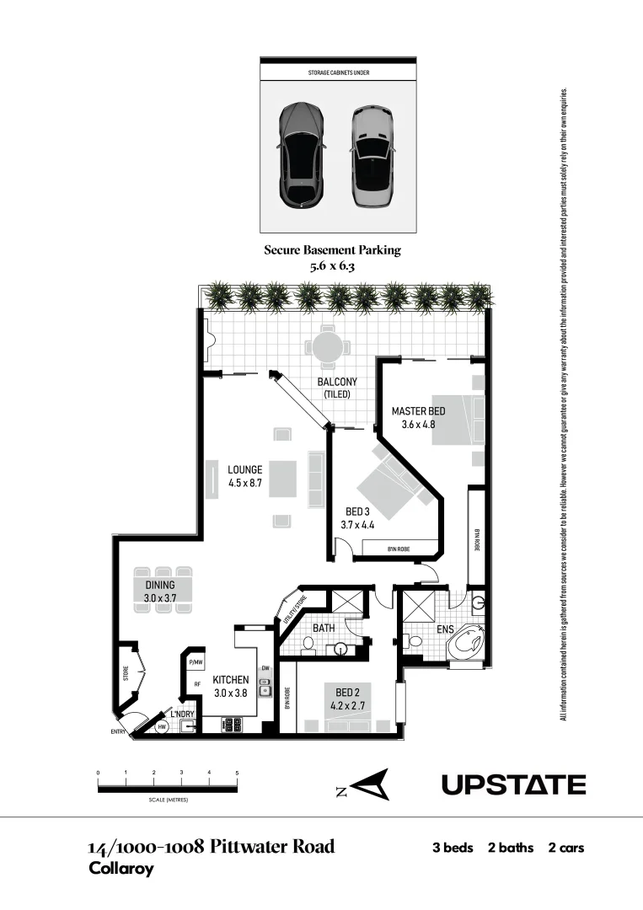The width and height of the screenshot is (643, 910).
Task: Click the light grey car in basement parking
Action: (371, 156)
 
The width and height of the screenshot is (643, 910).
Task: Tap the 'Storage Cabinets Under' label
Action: (338, 73)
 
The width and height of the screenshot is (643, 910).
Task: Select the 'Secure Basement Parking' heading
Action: (332, 249)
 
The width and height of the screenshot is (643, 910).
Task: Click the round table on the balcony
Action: (327, 346)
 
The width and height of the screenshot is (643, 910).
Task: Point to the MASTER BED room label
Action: (418, 411)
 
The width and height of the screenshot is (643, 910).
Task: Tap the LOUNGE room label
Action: (244, 469)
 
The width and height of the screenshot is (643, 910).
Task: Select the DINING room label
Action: (159, 585)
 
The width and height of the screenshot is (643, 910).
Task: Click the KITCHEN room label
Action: (230, 680)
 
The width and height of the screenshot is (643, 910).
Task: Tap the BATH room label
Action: (324, 628)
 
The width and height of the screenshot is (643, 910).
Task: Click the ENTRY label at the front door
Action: (118, 731)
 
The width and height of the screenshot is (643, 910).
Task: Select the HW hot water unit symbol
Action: (162, 726)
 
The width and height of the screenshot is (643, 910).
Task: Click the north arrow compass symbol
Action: (367, 785)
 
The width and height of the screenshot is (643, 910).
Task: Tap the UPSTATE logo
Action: (513, 785)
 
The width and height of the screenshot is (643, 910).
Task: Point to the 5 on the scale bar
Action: (237, 773)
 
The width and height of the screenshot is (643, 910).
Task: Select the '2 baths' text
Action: (511, 848)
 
